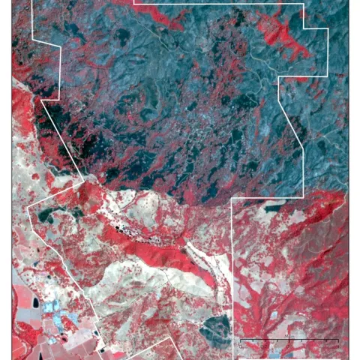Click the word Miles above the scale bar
click(289, 337)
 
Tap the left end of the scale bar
click(240, 341)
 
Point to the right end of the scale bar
click(338, 341)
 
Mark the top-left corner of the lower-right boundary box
click(232, 199)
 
